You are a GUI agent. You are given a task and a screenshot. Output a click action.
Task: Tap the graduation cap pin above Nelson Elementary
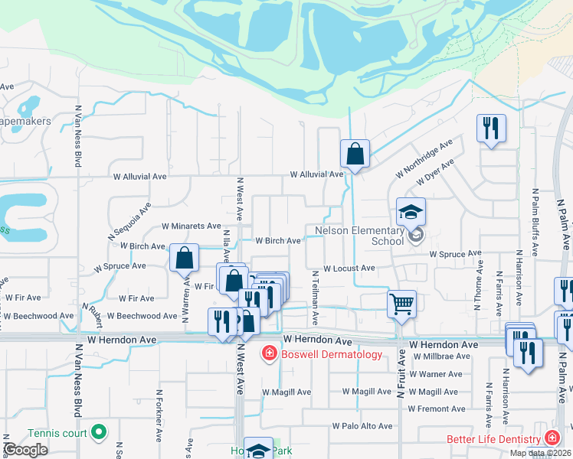pos(411,211)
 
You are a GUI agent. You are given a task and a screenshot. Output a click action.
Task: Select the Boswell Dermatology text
pos(331,354)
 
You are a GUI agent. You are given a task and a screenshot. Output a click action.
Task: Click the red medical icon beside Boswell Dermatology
pos(269,353)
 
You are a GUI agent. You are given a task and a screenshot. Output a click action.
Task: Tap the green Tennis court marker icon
pos(98,433)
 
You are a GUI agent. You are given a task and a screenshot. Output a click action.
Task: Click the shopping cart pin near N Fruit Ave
pos(401,304)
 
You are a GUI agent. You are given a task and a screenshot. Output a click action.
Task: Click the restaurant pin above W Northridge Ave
pos(490,128)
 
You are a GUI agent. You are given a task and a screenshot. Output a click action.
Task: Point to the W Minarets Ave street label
pos(192,226)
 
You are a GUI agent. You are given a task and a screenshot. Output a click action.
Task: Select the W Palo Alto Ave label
pos(362,426)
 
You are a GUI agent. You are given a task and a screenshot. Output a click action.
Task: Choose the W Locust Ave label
pos(349,269)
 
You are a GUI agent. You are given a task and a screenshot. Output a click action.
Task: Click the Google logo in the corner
pos(25,450)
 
